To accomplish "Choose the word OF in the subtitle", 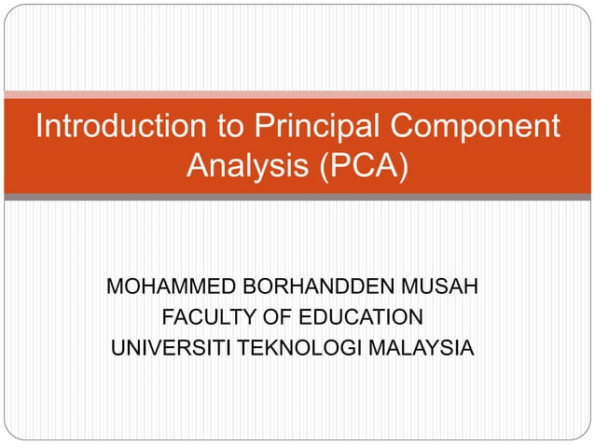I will pyautogui.click(x=273, y=318).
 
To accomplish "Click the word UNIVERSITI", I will pyautogui.click(x=171, y=350).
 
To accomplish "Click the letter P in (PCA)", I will pyautogui.click(x=333, y=167).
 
